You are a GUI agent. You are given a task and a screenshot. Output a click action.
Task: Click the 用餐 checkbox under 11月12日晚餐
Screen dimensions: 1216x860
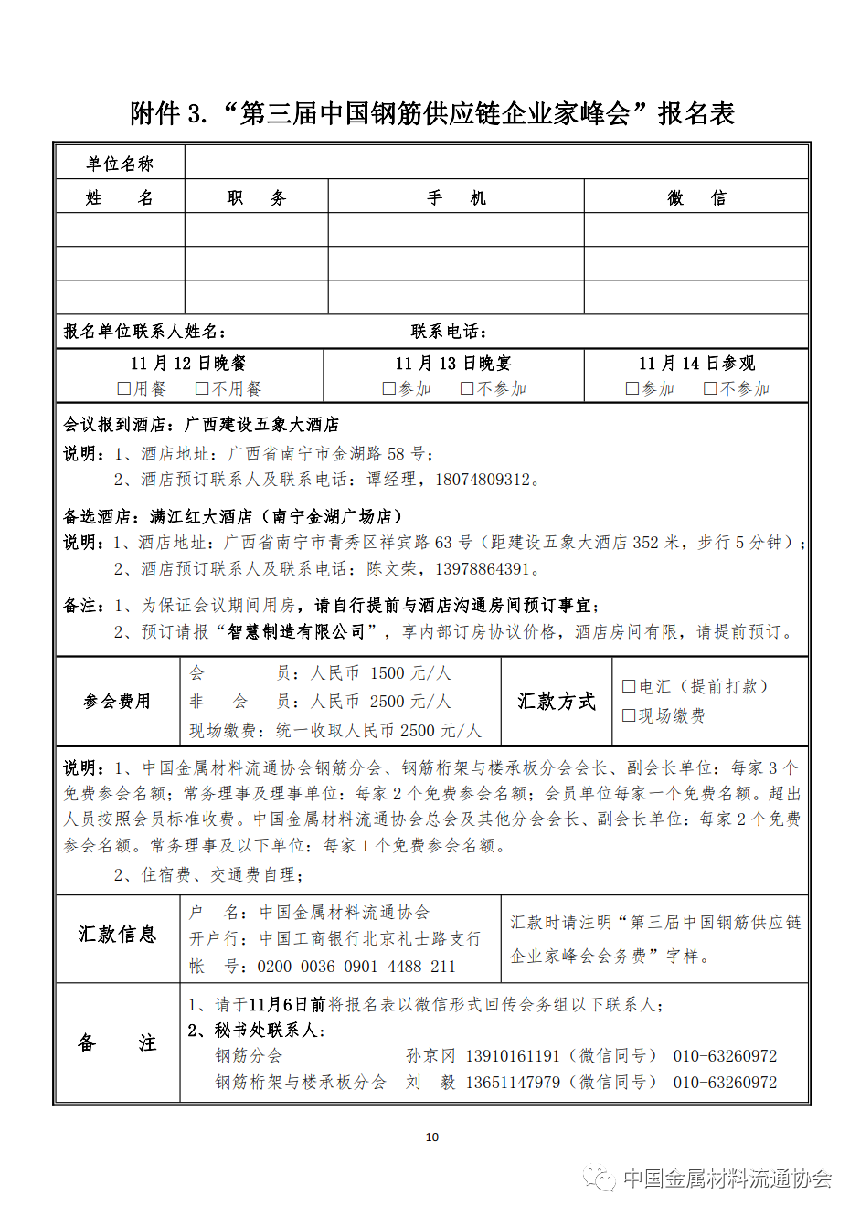[124, 389]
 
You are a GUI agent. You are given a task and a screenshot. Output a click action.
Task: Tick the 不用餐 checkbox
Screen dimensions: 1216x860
[203, 389]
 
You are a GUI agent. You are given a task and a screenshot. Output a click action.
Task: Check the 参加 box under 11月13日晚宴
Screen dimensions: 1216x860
[389, 389]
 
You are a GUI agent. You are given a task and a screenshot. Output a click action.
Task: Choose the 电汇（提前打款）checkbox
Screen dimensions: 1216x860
[629, 687]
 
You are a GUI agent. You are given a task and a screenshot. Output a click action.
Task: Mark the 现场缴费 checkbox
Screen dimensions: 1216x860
[629, 716]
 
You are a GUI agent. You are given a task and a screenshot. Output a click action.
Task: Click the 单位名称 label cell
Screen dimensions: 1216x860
[120, 164]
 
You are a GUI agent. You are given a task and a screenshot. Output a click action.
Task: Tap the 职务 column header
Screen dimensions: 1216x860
[256, 198]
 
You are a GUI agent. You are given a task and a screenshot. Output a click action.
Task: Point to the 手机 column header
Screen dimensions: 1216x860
[456, 198]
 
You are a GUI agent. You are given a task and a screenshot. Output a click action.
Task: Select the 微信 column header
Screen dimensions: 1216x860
[696, 198]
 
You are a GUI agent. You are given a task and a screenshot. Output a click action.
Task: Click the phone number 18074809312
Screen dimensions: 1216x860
[483, 480]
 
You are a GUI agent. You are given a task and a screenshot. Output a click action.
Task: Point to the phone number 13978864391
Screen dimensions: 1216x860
[483, 569]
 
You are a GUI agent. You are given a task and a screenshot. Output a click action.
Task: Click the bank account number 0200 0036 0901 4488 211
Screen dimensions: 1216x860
[356, 967]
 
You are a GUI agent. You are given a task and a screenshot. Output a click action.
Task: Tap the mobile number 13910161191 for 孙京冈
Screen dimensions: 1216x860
[513, 1056]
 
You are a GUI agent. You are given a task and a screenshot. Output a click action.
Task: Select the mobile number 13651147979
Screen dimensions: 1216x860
[513, 1083]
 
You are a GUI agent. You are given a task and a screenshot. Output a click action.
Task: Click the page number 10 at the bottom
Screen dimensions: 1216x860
[432, 1137]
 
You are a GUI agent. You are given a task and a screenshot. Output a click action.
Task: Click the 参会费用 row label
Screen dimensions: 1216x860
[117, 702]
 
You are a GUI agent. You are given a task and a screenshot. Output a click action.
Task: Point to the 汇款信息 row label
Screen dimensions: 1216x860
[117, 935]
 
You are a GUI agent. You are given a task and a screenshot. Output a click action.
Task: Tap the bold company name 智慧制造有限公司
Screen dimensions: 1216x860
[296, 632]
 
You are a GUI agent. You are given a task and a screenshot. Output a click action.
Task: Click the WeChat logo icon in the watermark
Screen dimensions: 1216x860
[600, 1179]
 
